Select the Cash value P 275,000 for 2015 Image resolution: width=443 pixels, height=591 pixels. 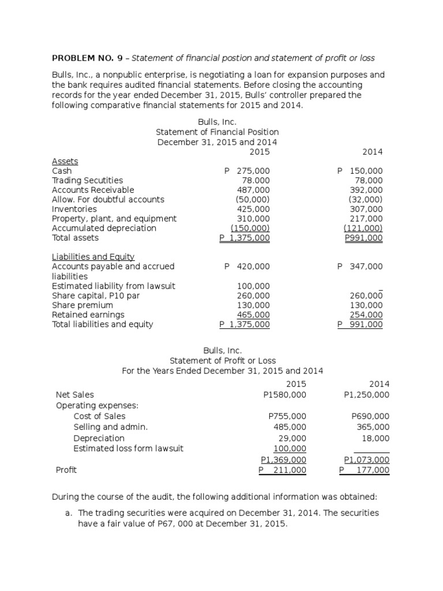pyautogui.click(x=246, y=171)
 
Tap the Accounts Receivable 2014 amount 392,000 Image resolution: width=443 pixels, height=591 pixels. pyautogui.click(x=366, y=190)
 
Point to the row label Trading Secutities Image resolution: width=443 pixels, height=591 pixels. pyautogui.click(x=87, y=181)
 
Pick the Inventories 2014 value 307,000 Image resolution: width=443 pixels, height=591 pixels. pyautogui.click(x=366, y=209)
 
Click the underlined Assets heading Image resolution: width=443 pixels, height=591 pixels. pyautogui.click(x=65, y=162)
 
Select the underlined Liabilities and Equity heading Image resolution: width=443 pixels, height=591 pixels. pyautogui.click(x=93, y=257)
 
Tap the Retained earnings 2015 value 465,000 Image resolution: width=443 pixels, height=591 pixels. pyautogui.click(x=253, y=315)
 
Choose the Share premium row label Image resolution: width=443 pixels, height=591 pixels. pyautogui.click(x=82, y=305)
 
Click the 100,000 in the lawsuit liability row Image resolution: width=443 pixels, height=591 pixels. pyautogui.click(x=253, y=286)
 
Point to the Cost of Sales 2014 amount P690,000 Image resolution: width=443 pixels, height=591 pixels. pyautogui.click(x=370, y=416)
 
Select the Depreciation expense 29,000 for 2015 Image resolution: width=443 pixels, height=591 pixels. pyautogui.click(x=292, y=438)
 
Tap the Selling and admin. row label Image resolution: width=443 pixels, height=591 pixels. pyautogui.click(x=111, y=427)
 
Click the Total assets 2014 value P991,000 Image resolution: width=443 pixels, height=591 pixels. pyautogui.click(x=363, y=238)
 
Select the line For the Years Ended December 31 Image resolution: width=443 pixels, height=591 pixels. pyautogui.click(x=223, y=371)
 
